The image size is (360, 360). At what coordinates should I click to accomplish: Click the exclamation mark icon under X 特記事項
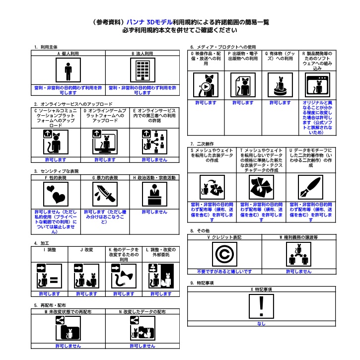coord(261,305)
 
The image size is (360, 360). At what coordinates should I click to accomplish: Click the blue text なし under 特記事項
coord(261,324)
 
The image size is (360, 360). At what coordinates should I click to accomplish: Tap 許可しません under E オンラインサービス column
coord(154,160)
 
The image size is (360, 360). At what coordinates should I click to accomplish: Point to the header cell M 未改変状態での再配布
coord(68,312)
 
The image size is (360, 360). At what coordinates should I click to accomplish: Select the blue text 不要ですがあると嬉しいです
coord(224,272)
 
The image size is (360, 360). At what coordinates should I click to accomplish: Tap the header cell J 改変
coord(86,249)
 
